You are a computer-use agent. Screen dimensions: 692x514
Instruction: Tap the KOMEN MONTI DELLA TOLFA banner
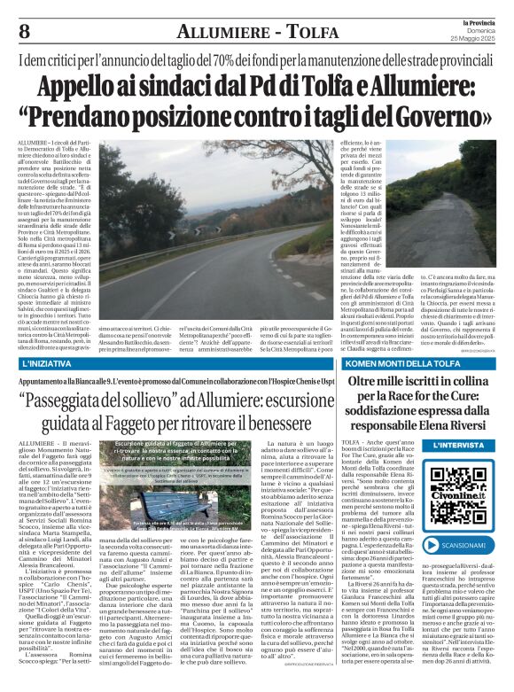coord(420,363)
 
